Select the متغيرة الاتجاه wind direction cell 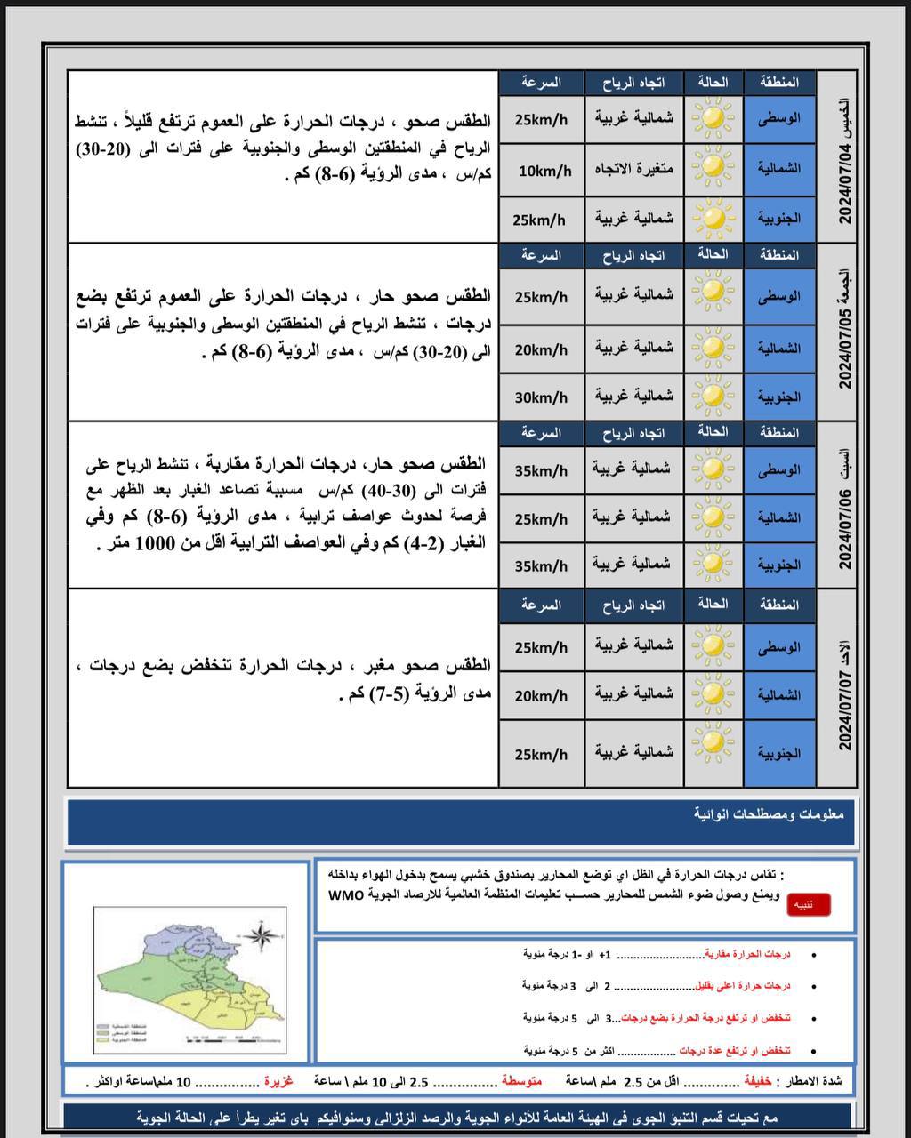point(634,169)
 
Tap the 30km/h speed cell point(541,397)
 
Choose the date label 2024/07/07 point(845,709)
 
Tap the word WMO point(347,894)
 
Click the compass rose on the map point(261,935)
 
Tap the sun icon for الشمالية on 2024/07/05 point(713,348)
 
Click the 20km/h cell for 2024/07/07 point(541,696)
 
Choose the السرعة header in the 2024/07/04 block point(541,83)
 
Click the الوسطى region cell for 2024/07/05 point(778,296)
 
